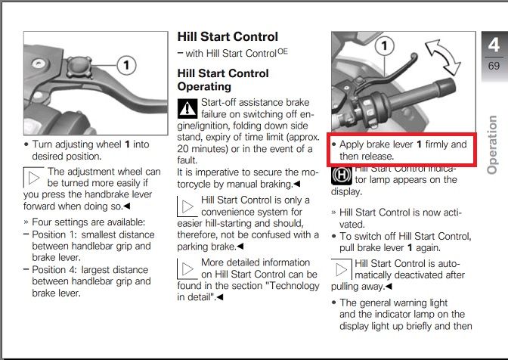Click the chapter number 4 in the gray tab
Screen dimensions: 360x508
point(493,47)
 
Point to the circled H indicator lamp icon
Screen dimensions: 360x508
point(341,175)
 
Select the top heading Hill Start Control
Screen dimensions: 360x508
point(227,36)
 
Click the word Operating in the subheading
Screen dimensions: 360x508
point(204,86)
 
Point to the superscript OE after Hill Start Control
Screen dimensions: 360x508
point(282,51)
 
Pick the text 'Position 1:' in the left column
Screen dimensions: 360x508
point(61,234)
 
